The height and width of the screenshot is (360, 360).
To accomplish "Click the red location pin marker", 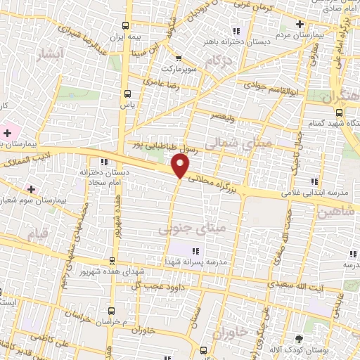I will (181, 166).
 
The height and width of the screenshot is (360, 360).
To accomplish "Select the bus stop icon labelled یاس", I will (127, 93).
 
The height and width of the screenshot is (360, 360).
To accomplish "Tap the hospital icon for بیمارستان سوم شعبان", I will (30, 188).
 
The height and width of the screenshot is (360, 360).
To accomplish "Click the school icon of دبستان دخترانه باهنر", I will (236, 30).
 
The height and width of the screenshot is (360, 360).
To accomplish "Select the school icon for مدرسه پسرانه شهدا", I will (196, 250).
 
